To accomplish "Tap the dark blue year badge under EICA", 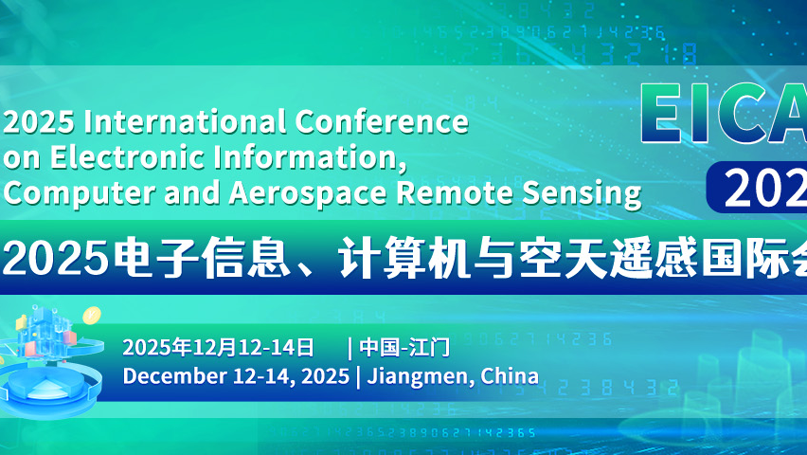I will pos(758,188).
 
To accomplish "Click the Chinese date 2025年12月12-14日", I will pos(205,347).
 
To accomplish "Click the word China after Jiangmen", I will pos(510,376).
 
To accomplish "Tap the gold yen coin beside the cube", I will pos(92,316).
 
